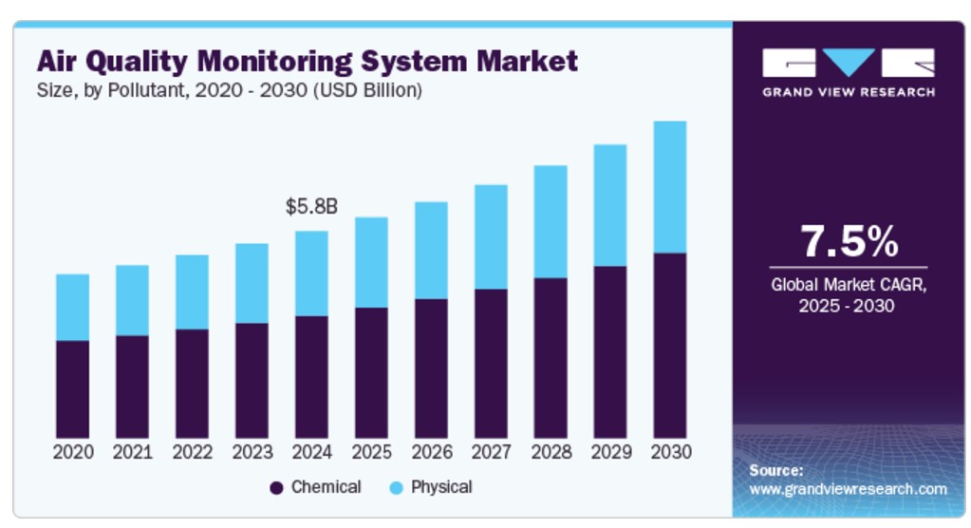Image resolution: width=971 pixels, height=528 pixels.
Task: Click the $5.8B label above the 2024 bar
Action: click(x=311, y=206)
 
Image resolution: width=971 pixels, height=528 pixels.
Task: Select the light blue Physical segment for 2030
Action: click(x=669, y=186)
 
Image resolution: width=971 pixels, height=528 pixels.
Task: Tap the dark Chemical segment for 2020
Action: click(x=72, y=388)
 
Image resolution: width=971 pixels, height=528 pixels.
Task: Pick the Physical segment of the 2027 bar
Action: click(x=491, y=236)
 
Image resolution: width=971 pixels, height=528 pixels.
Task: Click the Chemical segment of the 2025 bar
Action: click(x=371, y=372)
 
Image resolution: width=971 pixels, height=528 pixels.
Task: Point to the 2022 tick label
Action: click(x=192, y=451)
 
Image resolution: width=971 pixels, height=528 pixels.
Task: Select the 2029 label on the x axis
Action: click(x=610, y=451)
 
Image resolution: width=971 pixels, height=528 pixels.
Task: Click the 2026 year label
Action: click(x=431, y=451)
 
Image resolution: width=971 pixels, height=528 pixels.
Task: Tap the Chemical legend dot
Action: click(x=276, y=488)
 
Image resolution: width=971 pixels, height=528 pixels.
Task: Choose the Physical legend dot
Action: click(x=396, y=488)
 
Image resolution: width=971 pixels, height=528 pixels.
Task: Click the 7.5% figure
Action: click(x=848, y=241)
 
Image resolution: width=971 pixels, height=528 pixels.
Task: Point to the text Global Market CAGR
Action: click(x=848, y=284)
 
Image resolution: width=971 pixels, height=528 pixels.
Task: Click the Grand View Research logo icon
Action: click(x=848, y=64)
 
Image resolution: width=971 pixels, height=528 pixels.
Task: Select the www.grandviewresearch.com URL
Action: click(x=848, y=489)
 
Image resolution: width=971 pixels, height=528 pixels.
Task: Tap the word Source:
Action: click(x=776, y=470)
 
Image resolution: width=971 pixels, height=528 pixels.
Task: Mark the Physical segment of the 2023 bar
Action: click(x=252, y=283)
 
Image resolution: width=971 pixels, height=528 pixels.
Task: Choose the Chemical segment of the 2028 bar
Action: click(x=551, y=357)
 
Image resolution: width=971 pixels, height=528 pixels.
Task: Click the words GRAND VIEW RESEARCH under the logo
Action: click(x=848, y=92)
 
